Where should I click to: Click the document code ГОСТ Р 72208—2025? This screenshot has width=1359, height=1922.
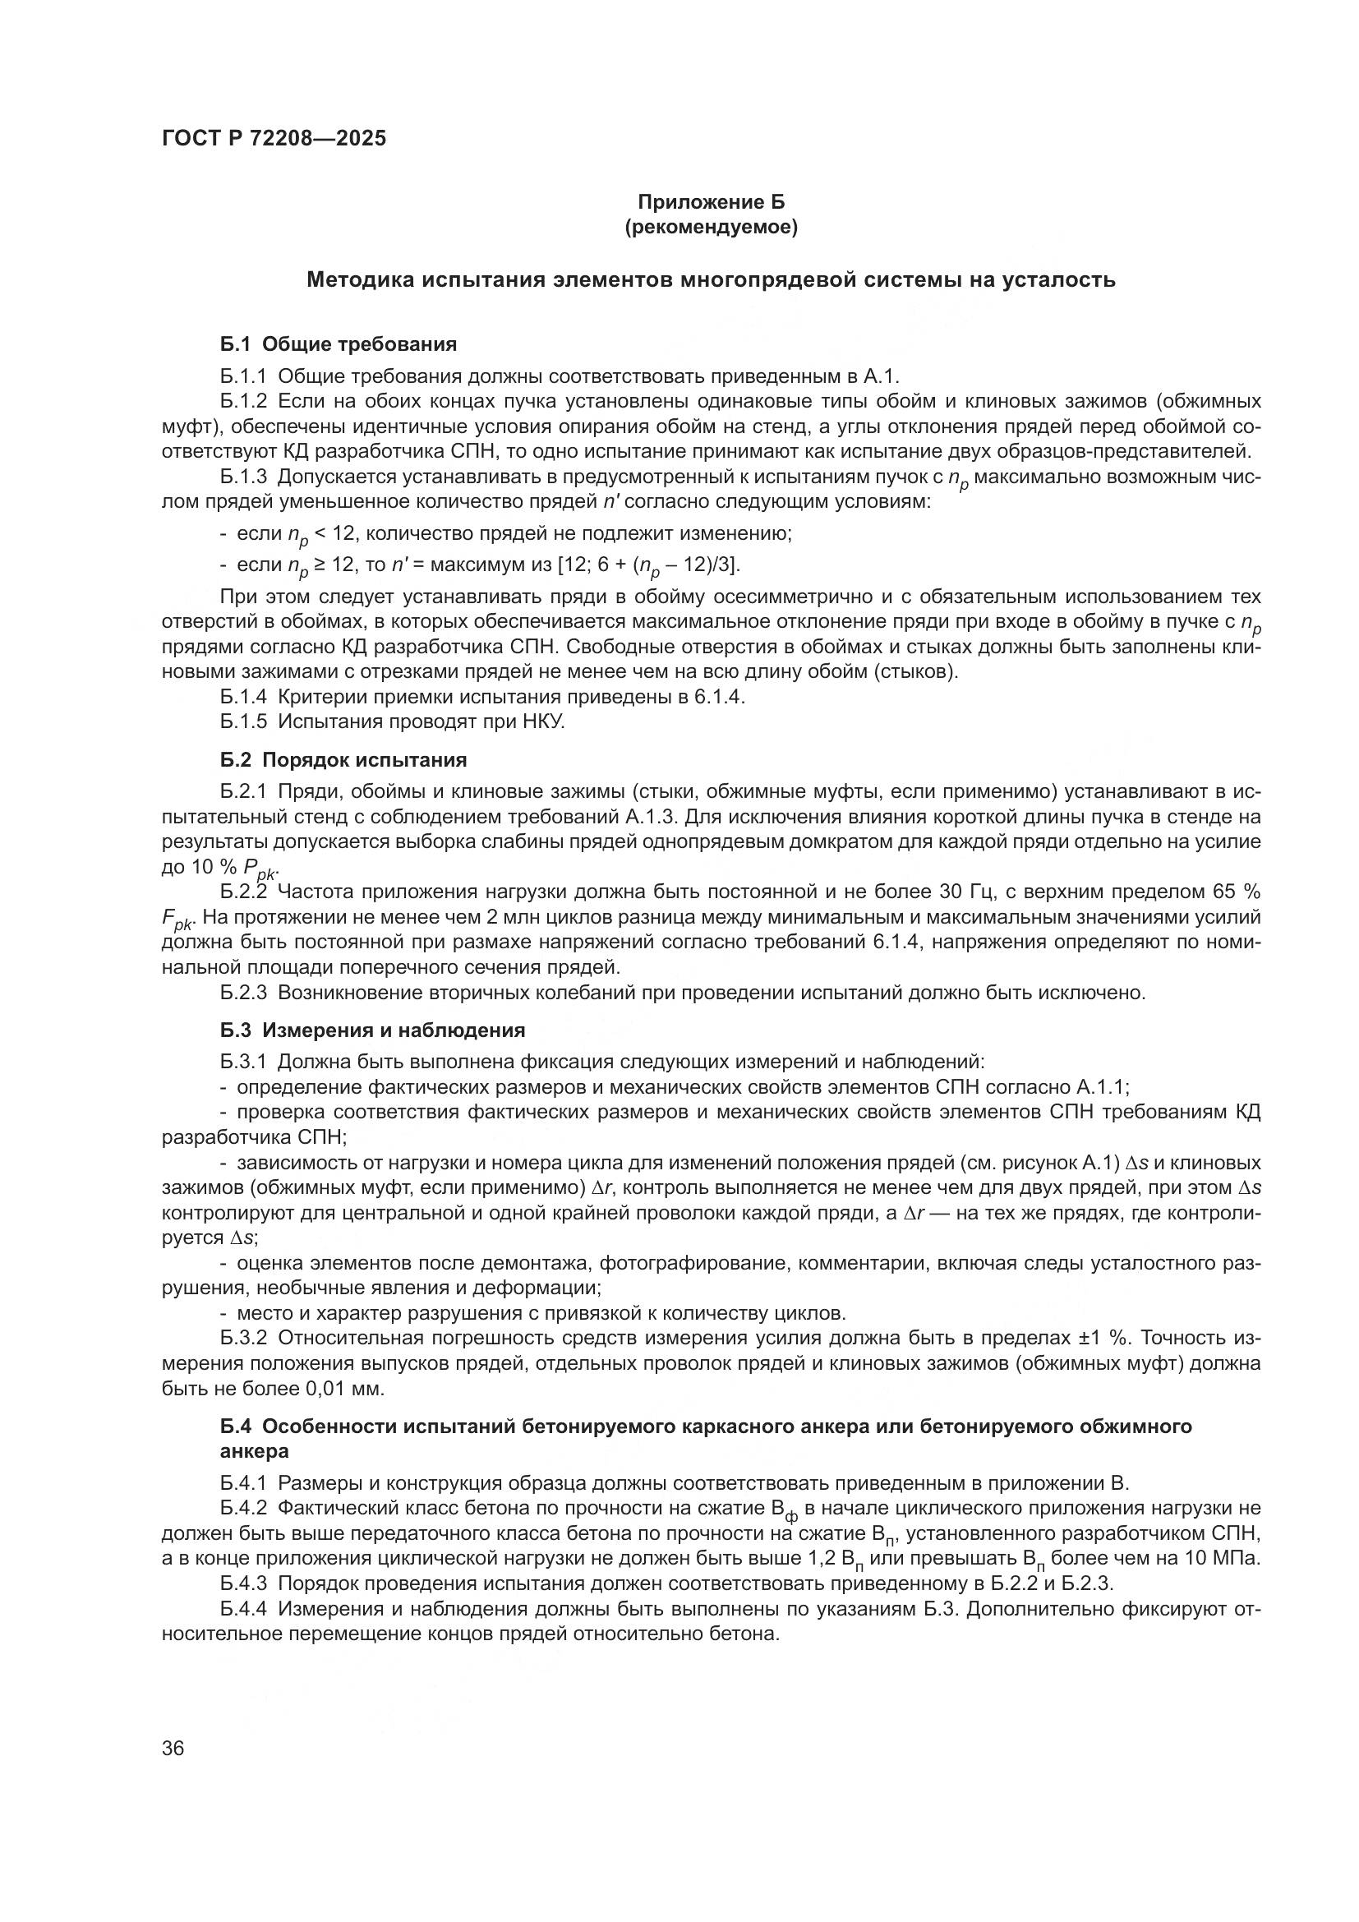(x=274, y=139)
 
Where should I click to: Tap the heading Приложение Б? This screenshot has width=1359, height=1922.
(x=712, y=202)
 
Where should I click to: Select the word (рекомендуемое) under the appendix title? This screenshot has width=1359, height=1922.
(x=712, y=227)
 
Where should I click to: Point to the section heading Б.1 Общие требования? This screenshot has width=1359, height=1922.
(x=339, y=344)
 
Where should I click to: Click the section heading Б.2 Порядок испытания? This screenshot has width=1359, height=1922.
(x=344, y=760)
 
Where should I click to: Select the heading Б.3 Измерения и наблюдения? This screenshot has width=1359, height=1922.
(x=372, y=1030)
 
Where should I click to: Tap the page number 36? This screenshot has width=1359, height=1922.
(x=173, y=1749)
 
